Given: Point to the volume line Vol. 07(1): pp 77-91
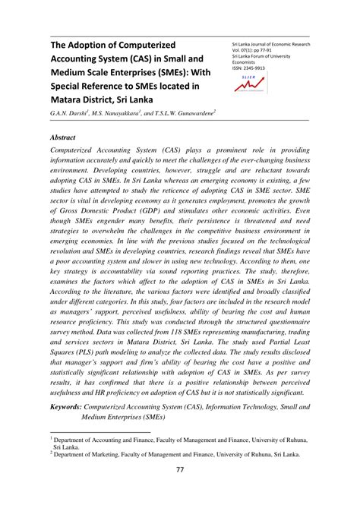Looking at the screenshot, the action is pos(257,52).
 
